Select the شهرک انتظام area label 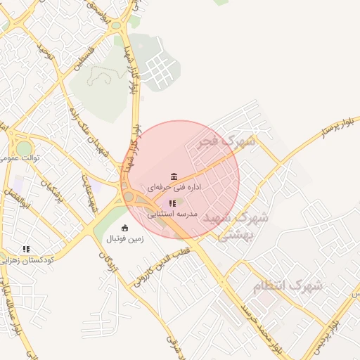(x=288, y=285)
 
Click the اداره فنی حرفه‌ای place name (x=174, y=188)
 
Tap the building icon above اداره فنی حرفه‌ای (x=174, y=176)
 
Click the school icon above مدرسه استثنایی (x=172, y=202)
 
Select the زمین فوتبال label (x=125, y=239)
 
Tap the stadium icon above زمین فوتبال (x=125, y=227)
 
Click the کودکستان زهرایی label (x=27, y=259)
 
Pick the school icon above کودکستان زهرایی (x=26, y=248)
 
